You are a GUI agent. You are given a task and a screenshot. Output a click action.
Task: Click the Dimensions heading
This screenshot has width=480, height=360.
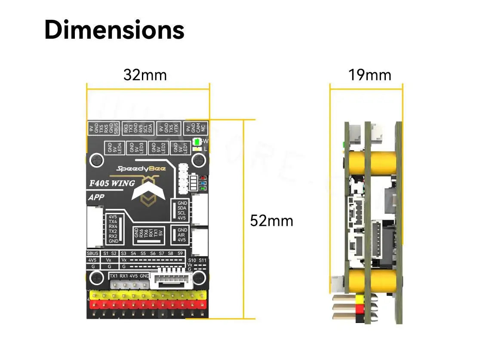[114, 30]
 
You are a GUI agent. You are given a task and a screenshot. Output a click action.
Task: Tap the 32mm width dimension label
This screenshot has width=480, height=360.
[145, 75]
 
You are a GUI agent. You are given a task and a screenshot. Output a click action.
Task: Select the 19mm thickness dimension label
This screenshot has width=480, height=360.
[370, 75]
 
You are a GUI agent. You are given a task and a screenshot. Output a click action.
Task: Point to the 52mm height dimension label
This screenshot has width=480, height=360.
[271, 221]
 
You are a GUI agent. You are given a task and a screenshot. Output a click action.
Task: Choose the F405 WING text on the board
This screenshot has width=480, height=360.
[112, 183]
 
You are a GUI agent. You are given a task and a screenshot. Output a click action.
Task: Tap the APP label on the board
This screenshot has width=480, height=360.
[97, 198]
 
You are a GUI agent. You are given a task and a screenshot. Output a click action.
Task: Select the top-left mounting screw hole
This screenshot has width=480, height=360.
[96, 160]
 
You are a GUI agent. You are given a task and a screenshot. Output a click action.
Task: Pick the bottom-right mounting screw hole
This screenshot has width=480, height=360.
[199, 277]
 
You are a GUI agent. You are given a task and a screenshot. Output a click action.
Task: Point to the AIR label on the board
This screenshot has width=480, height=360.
[182, 235]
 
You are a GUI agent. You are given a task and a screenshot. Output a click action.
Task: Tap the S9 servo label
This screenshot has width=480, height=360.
[180, 253]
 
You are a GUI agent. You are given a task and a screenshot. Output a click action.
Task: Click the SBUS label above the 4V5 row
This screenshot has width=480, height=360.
[92, 253]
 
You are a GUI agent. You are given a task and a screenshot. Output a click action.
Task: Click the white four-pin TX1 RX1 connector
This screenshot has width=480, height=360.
[129, 284]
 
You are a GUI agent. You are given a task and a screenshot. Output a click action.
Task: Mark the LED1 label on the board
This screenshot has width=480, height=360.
[185, 148]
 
